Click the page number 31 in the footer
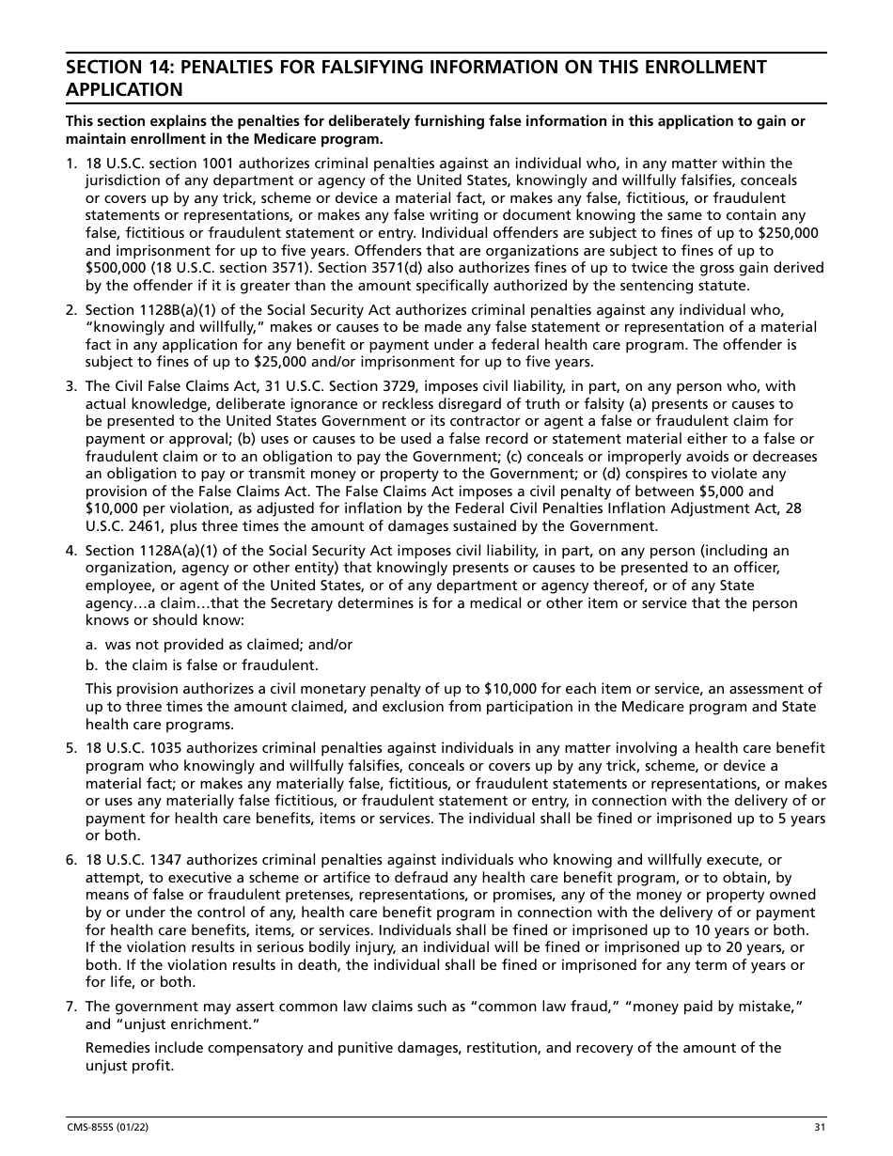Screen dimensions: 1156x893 coord(821,1128)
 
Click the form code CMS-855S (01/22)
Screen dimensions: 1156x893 coord(102,1128)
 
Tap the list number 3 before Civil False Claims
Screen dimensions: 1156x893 coord(70,386)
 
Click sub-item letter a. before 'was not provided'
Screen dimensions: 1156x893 coord(91,645)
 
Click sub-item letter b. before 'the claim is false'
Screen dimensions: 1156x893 coord(91,665)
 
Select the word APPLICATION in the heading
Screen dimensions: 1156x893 coord(123,90)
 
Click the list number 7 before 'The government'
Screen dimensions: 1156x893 coord(70,1007)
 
